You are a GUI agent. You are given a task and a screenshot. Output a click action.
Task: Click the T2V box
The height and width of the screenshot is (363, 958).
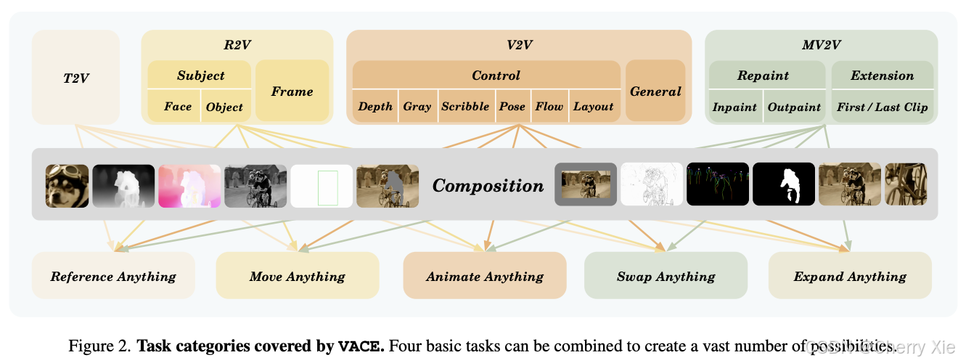(75, 77)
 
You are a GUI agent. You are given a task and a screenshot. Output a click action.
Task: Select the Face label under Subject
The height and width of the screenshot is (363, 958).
(178, 107)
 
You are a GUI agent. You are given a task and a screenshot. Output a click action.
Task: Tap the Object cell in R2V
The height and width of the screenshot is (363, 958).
(224, 107)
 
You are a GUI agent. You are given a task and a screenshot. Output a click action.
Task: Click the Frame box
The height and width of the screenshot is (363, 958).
(292, 91)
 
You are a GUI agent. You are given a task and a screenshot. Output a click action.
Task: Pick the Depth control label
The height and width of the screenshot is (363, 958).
(375, 106)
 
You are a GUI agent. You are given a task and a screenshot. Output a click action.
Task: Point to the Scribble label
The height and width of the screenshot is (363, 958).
(465, 106)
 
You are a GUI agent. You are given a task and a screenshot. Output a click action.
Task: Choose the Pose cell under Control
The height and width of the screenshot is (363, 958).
(512, 106)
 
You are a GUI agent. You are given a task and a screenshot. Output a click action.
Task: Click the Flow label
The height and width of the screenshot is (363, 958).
(549, 106)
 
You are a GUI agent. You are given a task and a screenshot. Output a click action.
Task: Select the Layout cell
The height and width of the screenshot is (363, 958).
(594, 106)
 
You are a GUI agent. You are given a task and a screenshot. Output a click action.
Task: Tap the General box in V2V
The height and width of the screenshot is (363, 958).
(655, 91)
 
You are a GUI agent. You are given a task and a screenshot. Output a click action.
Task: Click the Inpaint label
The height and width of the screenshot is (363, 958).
(734, 107)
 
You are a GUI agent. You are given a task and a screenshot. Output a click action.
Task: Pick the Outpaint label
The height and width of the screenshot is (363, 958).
(794, 107)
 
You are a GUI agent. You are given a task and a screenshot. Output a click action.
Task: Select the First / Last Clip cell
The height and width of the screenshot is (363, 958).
(882, 107)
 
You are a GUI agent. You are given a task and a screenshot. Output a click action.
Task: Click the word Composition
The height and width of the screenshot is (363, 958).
(488, 186)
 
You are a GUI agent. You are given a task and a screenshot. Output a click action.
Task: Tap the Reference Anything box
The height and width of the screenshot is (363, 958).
(113, 276)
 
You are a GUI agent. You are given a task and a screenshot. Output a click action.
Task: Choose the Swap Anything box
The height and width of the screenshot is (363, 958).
(666, 276)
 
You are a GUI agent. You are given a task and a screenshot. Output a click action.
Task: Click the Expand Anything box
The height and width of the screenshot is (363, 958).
(850, 276)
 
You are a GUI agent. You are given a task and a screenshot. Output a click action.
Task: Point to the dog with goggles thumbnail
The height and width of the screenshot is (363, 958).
(67, 186)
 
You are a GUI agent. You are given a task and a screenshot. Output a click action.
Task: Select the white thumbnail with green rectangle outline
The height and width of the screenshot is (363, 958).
(322, 186)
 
